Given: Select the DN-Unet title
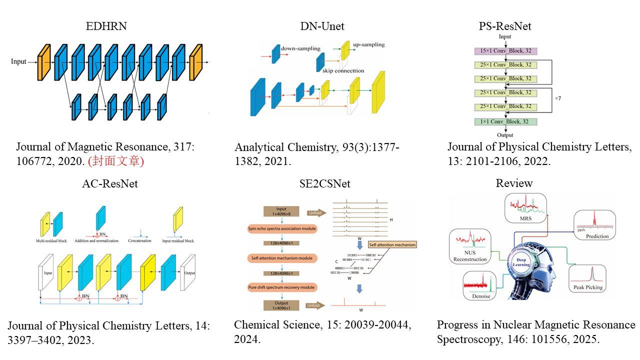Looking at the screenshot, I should click(x=322, y=26).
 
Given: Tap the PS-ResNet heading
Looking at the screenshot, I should click(x=505, y=26).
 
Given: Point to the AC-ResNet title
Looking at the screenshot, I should click(x=110, y=183).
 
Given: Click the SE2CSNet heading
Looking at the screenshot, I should click(x=322, y=183).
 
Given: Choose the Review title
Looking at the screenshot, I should click(x=514, y=183).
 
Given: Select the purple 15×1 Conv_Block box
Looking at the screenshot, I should click(x=505, y=51).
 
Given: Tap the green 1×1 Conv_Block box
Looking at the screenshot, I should click(x=505, y=121).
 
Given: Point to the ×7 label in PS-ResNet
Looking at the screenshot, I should click(x=557, y=98).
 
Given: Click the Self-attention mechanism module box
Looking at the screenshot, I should click(x=280, y=258).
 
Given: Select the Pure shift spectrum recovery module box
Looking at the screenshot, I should click(x=281, y=287).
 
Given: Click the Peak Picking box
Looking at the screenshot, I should click(x=587, y=279).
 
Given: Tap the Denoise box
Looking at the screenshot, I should click(x=480, y=286).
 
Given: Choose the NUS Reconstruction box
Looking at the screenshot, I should click(x=470, y=246).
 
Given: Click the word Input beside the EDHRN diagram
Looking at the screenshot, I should click(x=19, y=62).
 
